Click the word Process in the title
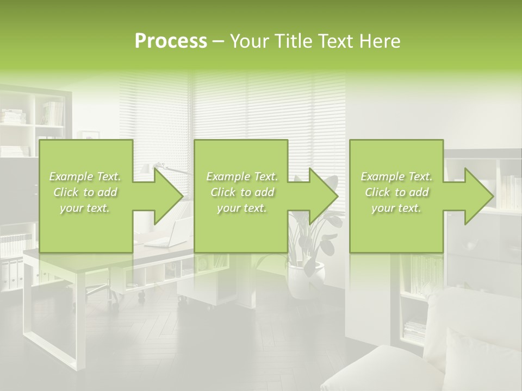coord(171,41)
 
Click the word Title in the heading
coord(294,41)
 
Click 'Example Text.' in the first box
coord(85,176)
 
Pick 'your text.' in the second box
coord(241,208)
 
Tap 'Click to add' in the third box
coord(396,192)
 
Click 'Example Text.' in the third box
coord(396,176)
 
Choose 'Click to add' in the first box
coord(85,192)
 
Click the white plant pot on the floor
coord(305,280)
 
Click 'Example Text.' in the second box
coord(241,176)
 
